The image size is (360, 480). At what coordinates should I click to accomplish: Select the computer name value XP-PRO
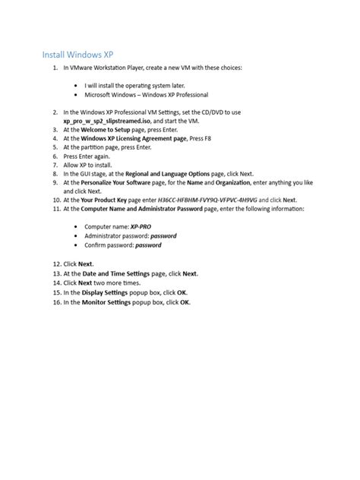point(141,227)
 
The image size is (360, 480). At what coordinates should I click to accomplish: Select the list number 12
point(57,264)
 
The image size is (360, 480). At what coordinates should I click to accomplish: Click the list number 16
point(57,302)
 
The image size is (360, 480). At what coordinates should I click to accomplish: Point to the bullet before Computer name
point(77,227)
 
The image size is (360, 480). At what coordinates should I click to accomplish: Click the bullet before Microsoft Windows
point(77,96)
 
